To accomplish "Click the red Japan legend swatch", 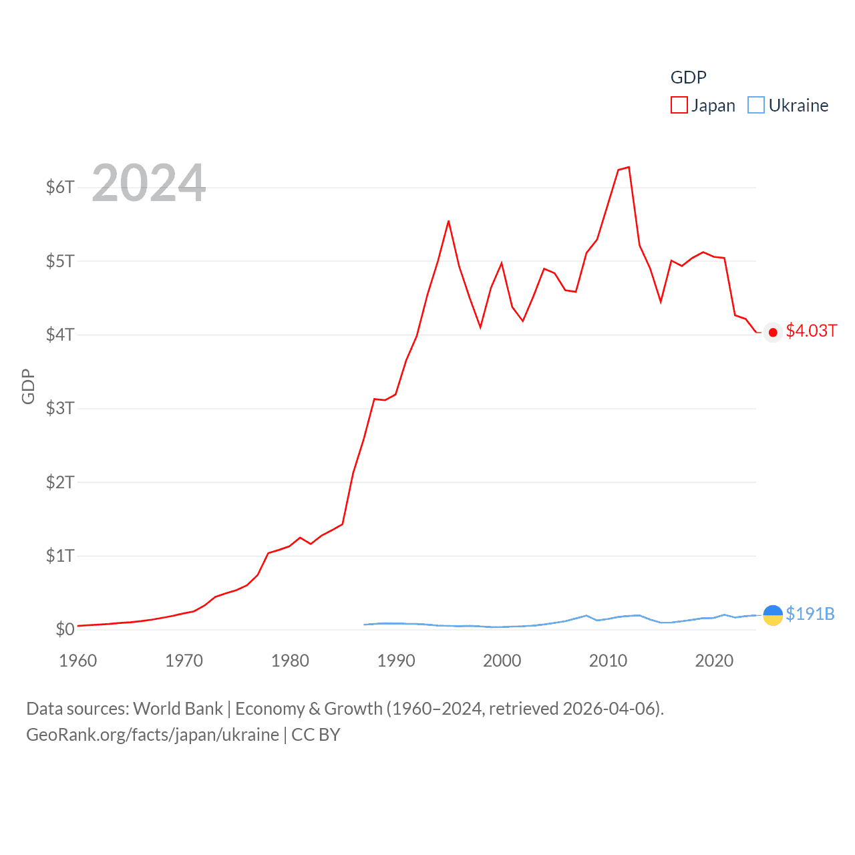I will pyautogui.click(x=679, y=105).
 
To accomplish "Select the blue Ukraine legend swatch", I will pyautogui.click(x=756, y=105).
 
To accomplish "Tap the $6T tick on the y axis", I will pyautogui.click(x=60, y=187).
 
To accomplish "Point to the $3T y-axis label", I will pyautogui.click(x=60, y=408).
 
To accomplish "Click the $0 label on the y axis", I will pyautogui.click(x=65, y=629).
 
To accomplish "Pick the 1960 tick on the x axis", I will pyautogui.click(x=78, y=661).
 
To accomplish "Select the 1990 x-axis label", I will pyautogui.click(x=396, y=661).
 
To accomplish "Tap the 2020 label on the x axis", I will pyautogui.click(x=714, y=661).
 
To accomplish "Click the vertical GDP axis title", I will pyautogui.click(x=28, y=386).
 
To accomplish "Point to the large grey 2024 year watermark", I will pyautogui.click(x=148, y=183).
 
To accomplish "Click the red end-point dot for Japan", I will pyautogui.click(x=773, y=333).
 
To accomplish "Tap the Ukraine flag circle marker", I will pyautogui.click(x=773, y=615).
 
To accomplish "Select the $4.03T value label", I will pyautogui.click(x=811, y=331).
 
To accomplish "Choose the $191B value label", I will pyautogui.click(x=810, y=614).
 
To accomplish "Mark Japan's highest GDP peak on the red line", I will pyautogui.click(x=629, y=167).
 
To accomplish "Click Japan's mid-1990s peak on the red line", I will pyautogui.click(x=448, y=221).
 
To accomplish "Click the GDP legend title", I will pyautogui.click(x=688, y=77).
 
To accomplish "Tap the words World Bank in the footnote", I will pyautogui.click(x=178, y=708).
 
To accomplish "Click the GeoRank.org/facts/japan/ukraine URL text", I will pyautogui.click(x=152, y=735).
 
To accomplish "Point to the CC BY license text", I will pyautogui.click(x=316, y=735).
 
